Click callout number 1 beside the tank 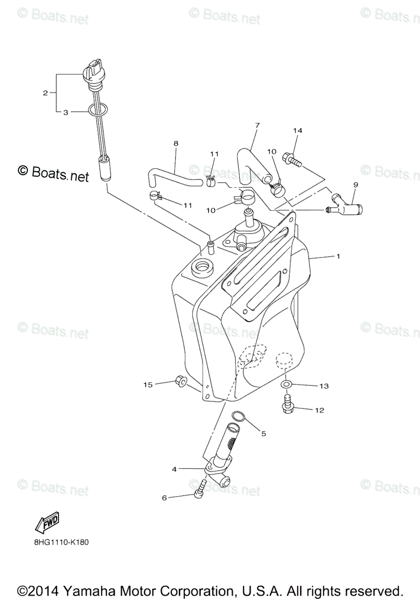click(x=338, y=257)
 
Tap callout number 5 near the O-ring click(x=263, y=434)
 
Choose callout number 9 click(x=356, y=185)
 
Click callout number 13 click(x=324, y=386)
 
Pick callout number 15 click(x=148, y=384)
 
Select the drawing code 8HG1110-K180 click(x=58, y=541)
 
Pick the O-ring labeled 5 click(x=238, y=416)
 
